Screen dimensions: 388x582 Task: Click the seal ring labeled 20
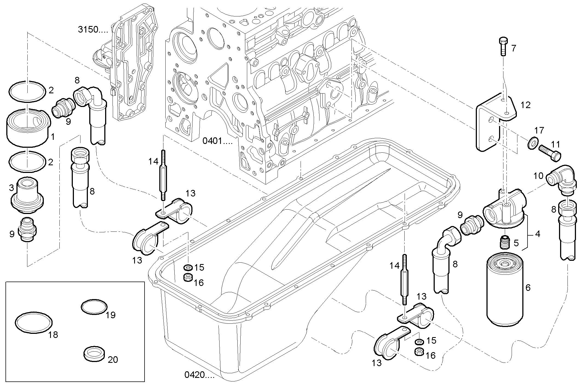(x=94, y=354)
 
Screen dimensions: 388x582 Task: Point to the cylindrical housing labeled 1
(x=27, y=127)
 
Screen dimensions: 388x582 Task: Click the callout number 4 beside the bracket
(x=537, y=234)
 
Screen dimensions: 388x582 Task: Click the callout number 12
(x=525, y=105)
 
